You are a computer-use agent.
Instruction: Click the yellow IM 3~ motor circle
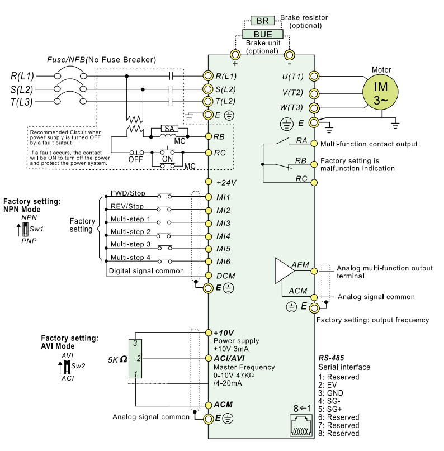click(380, 92)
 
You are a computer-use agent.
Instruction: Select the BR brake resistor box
click(262, 21)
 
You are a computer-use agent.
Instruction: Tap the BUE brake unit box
click(263, 34)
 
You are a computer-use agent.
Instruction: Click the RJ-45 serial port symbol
click(301, 425)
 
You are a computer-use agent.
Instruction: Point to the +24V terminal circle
click(209, 182)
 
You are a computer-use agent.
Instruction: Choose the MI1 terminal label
click(223, 197)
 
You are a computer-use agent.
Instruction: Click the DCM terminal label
click(225, 276)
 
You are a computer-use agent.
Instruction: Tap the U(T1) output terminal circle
click(314, 77)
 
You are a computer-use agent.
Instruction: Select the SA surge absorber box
click(169, 129)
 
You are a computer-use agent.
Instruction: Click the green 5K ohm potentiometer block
click(135, 358)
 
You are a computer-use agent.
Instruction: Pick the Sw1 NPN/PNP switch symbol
click(26, 229)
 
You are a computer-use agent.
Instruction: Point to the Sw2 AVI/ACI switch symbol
click(67, 367)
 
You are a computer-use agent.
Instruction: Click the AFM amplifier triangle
click(285, 270)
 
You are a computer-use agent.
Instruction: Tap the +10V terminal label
click(224, 333)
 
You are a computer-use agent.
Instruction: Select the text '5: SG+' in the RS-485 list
click(330, 409)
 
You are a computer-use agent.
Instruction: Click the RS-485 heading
click(331, 358)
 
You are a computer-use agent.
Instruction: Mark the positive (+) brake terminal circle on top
click(235, 54)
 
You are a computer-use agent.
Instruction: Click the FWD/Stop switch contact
click(164, 196)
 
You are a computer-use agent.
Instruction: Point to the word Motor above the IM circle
click(381, 70)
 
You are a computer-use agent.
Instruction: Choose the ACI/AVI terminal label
click(229, 358)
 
